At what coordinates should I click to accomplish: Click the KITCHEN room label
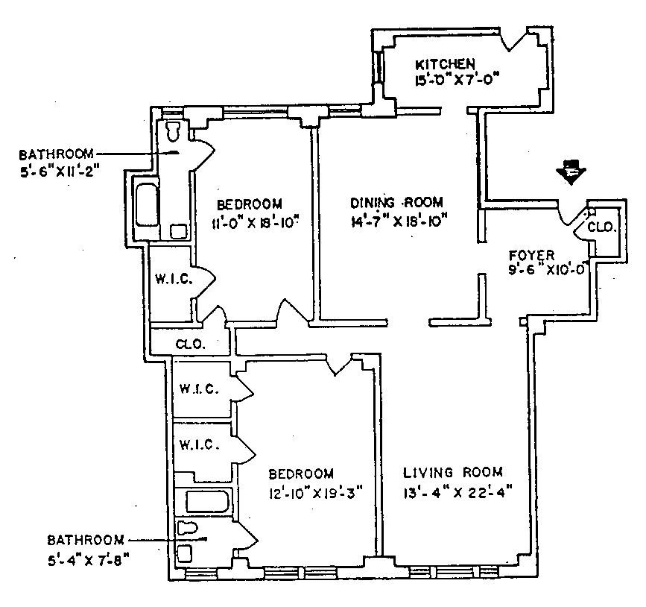click(446, 63)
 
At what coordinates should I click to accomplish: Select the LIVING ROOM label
click(453, 472)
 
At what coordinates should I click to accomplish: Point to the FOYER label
click(527, 253)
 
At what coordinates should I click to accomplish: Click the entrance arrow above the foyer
click(572, 172)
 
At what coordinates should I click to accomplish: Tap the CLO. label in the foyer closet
click(601, 227)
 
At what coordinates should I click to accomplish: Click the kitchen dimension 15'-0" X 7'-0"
click(456, 78)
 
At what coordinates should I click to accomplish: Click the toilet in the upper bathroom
click(174, 131)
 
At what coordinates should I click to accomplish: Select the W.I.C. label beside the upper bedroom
click(174, 280)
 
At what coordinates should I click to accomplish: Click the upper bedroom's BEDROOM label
click(250, 204)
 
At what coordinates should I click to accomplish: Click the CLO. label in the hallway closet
click(191, 345)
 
